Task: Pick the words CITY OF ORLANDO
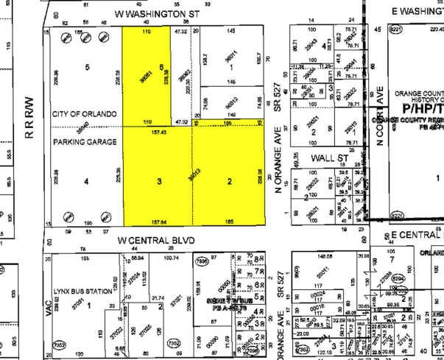(85, 114)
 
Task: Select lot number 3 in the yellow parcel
(159, 180)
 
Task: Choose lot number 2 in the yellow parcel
(229, 180)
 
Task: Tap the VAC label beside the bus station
(50, 311)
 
